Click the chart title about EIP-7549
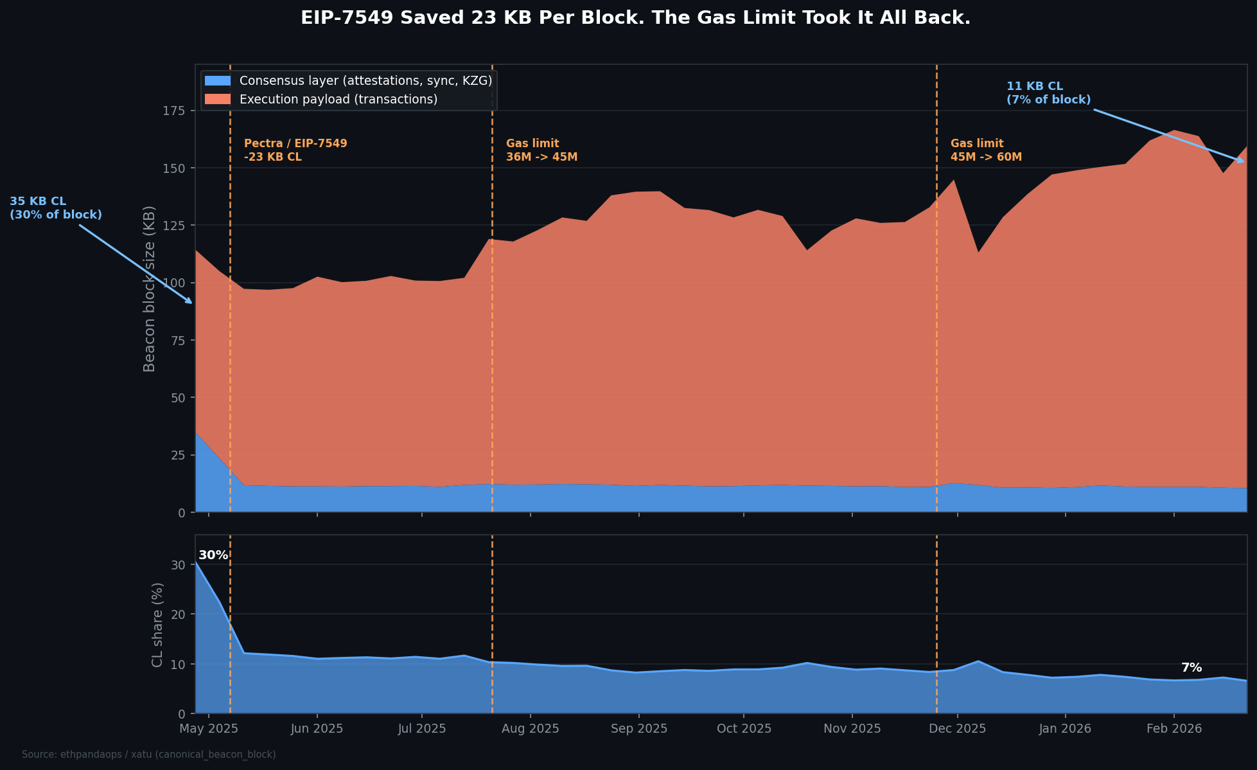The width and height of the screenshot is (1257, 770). coord(635,18)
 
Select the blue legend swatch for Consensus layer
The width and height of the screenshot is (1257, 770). coord(217,81)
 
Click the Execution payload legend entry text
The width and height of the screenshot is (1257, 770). coord(338,100)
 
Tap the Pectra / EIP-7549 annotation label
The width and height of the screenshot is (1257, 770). coord(295,150)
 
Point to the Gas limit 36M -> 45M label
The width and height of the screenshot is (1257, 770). coord(541,150)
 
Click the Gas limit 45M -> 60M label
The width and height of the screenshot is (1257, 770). coord(986,150)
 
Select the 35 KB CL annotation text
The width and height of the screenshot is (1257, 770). coord(55,208)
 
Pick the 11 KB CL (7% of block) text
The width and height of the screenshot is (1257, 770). coord(1048,93)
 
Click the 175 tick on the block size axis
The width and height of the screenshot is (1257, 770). coord(174,111)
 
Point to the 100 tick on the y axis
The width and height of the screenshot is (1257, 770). coord(174,283)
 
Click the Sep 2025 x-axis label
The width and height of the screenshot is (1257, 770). coord(638,729)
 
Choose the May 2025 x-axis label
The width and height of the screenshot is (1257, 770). coord(209,729)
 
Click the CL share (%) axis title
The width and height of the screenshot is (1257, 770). coord(157,624)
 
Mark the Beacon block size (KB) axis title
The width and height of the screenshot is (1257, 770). coord(149,289)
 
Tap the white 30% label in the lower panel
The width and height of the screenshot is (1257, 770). coord(213,555)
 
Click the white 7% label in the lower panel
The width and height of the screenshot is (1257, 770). coord(1191,668)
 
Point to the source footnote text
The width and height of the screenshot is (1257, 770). coord(148,755)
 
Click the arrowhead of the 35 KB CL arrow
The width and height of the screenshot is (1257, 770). coord(190,301)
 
